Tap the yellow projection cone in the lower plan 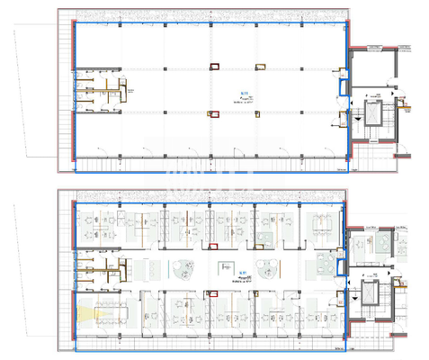click(x=87, y=314)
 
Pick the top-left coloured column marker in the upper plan click(x=214, y=65)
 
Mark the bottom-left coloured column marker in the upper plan click(x=214, y=113)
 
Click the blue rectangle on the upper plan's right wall click(x=342, y=88)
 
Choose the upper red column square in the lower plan click(x=214, y=241)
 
